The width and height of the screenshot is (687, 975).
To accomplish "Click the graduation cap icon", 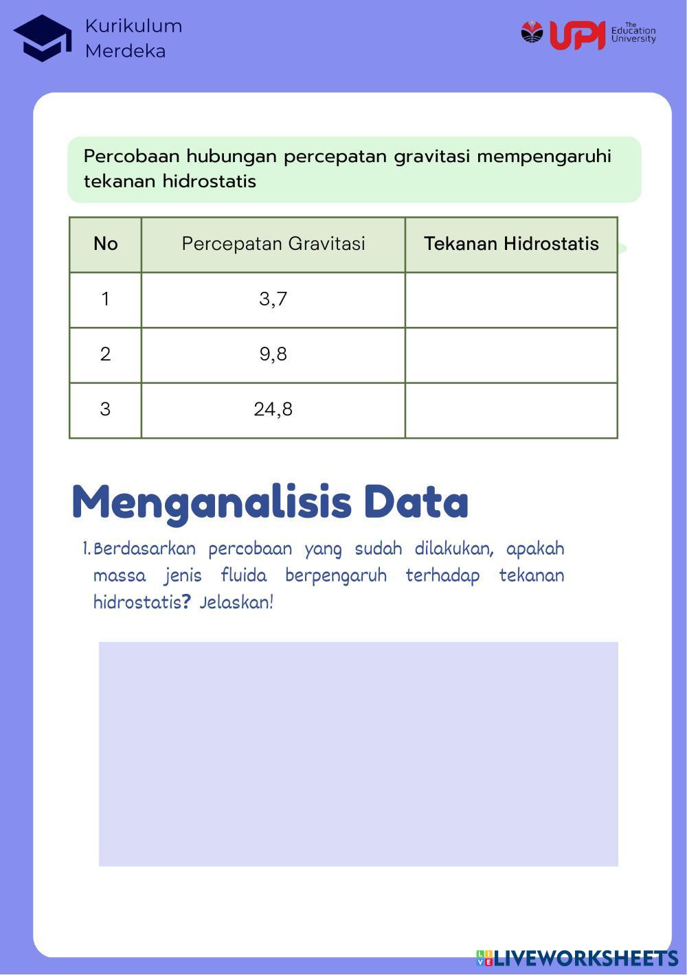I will pyautogui.click(x=43, y=38).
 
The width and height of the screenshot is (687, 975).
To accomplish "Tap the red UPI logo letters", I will pyautogui.click(x=577, y=35).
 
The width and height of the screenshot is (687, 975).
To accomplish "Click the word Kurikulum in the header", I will pyautogui.click(x=133, y=26).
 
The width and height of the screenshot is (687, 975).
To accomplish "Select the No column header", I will pyautogui.click(x=105, y=244).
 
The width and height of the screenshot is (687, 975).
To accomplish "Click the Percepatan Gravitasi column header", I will pyautogui.click(x=273, y=244).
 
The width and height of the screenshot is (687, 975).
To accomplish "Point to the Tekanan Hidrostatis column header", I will pyautogui.click(x=511, y=244).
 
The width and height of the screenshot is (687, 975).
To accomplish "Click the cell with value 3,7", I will pyautogui.click(x=273, y=299).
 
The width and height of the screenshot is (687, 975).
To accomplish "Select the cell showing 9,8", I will pyautogui.click(x=273, y=354).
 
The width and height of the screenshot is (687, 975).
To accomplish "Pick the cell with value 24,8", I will pyautogui.click(x=273, y=410).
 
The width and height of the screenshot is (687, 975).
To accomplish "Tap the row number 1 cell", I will pyautogui.click(x=105, y=299).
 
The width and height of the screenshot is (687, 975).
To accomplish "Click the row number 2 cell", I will pyautogui.click(x=105, y=354).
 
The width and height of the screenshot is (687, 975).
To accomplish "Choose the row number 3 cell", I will pyautogui.click(x=105, y=410).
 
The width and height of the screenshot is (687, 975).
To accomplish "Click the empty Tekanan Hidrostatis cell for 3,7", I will pyautogui.click(x=511, y=299).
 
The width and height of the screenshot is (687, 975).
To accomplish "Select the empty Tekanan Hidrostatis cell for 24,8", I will pyautogui.click(x=511, y=410).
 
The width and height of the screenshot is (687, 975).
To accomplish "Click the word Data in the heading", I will pyautogui.click(x=416, y=502).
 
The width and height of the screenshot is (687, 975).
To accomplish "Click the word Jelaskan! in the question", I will pyautogui.click(x=236, y=603).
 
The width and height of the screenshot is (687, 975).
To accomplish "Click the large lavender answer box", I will pyautogui.click(x=358, y=753).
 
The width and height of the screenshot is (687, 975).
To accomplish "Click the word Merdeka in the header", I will pyautogui.click(x=125, y=51).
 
